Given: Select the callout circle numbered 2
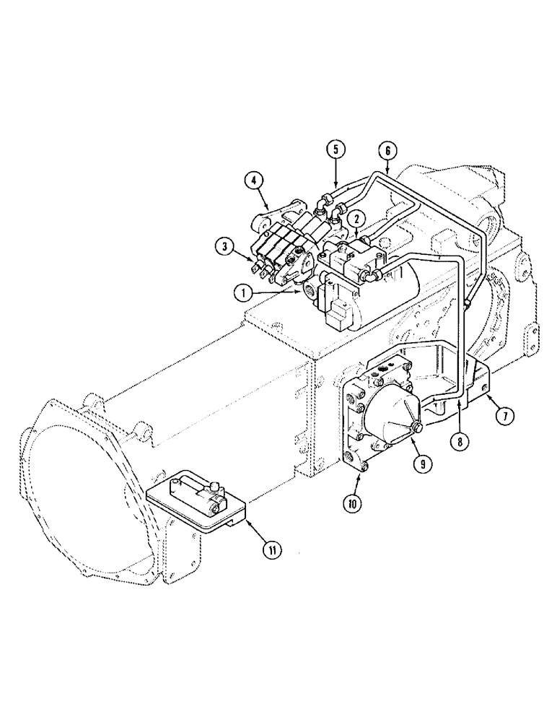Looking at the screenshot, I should point(355,217).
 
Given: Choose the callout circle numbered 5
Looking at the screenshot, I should point(335,149).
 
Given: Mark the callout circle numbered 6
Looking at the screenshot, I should point(387,151).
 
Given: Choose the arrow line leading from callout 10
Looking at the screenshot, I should point(359,484).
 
